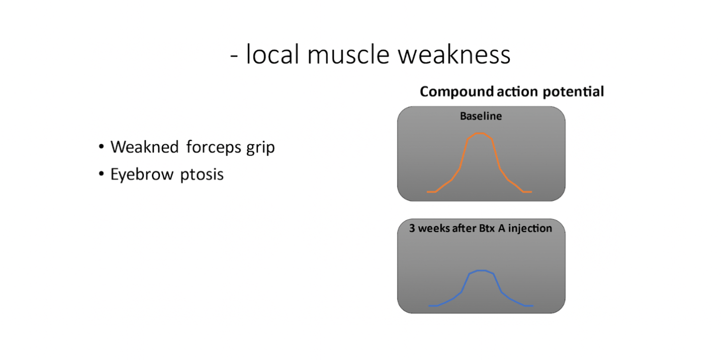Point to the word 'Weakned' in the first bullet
coord(144,147)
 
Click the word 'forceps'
coord(213,148)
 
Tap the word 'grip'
coord(261,148)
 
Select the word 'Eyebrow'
coord(142,174)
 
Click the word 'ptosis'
coord(202,174)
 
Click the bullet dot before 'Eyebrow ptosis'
coord(102,174)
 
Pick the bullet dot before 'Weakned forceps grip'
coord(102,147)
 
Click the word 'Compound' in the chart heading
coord(457,92)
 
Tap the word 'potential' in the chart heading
coord(573,92)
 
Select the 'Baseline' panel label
coord(481,116)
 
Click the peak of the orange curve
coord(480,133)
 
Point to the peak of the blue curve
coord(481,271)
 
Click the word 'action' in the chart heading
coord(518,92)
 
